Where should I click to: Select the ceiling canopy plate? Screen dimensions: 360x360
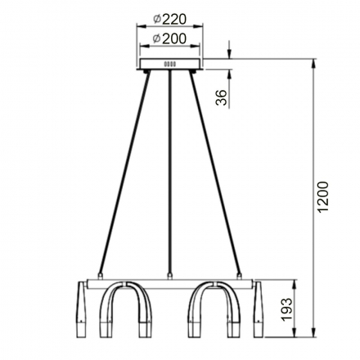pyautogui.click(x=170, y=65)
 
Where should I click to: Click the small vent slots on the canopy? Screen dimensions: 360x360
pyautogui.click(x=170, y=65)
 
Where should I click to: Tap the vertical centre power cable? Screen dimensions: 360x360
pyautogui.click(x=169, y=172)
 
